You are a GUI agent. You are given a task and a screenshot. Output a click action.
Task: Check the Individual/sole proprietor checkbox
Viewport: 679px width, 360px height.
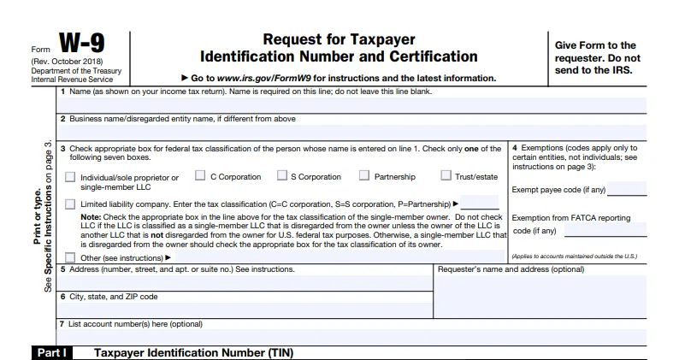tap(70, 177)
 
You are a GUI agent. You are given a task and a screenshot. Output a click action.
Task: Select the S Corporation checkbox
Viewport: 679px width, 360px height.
tap(281, 176)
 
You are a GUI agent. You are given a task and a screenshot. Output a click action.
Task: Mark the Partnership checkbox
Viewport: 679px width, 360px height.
tap(364, 176)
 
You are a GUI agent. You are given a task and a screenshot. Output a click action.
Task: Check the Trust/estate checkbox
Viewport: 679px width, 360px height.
tap(446, 176)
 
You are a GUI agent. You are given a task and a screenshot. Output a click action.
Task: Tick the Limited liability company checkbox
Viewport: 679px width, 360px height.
tap(70, 204)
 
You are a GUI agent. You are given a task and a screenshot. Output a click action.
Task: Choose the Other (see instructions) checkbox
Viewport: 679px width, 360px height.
tap(70, 257)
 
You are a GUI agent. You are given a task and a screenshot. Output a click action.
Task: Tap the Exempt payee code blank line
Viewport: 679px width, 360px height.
tap(627, 190)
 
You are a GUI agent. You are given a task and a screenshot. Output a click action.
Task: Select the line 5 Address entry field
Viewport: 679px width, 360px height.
tap(246, 282)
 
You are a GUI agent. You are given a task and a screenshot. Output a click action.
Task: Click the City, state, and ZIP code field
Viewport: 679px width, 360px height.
tap(246, 308)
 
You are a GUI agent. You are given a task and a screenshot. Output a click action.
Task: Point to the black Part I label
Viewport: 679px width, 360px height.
tap(51, 352)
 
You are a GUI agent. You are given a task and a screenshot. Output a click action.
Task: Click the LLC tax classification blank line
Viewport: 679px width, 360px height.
tap(480, 204)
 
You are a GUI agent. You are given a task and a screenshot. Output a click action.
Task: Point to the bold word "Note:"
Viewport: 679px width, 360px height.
tap(91, 217)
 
